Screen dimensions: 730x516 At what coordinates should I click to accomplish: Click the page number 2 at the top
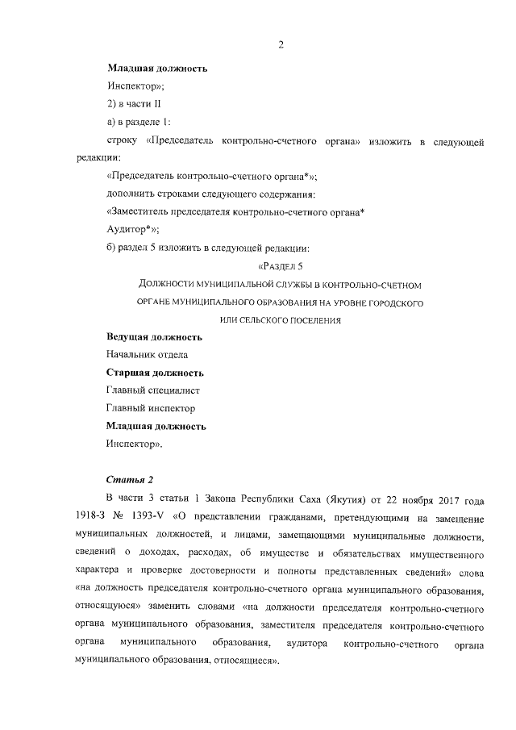(281, 44)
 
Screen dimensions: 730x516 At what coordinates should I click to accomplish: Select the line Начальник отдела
(148, 354)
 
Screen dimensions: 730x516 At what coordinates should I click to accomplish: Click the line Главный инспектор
(151, 408)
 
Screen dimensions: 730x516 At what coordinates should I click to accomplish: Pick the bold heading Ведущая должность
(154, 336)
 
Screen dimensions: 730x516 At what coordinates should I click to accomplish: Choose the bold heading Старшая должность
(155, 373)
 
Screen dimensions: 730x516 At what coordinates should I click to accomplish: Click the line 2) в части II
(135, 104)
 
